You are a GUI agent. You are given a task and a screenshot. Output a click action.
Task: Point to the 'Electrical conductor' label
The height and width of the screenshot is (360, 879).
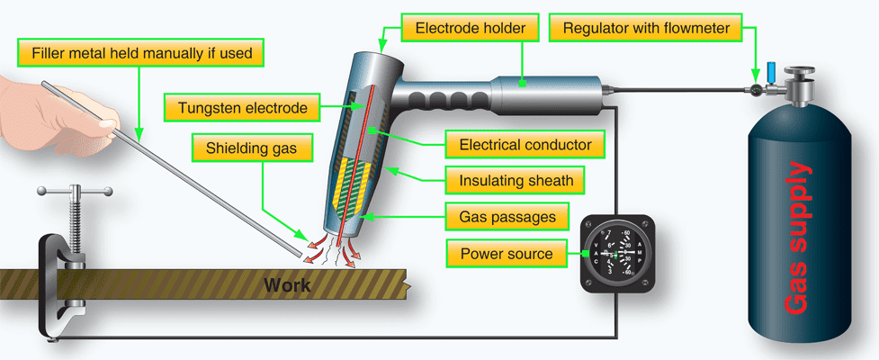pyautogui.click(x=525, y=144)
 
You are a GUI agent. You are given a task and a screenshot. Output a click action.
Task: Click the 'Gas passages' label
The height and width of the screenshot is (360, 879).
pyautogui.click(x=502, y=217)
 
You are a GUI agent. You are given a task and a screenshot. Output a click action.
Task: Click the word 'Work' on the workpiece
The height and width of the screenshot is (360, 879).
pyautogui.click(x=287, y=286)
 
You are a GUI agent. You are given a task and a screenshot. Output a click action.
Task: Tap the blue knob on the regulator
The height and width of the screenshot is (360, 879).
pyautogui.click(x=770, y=70)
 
